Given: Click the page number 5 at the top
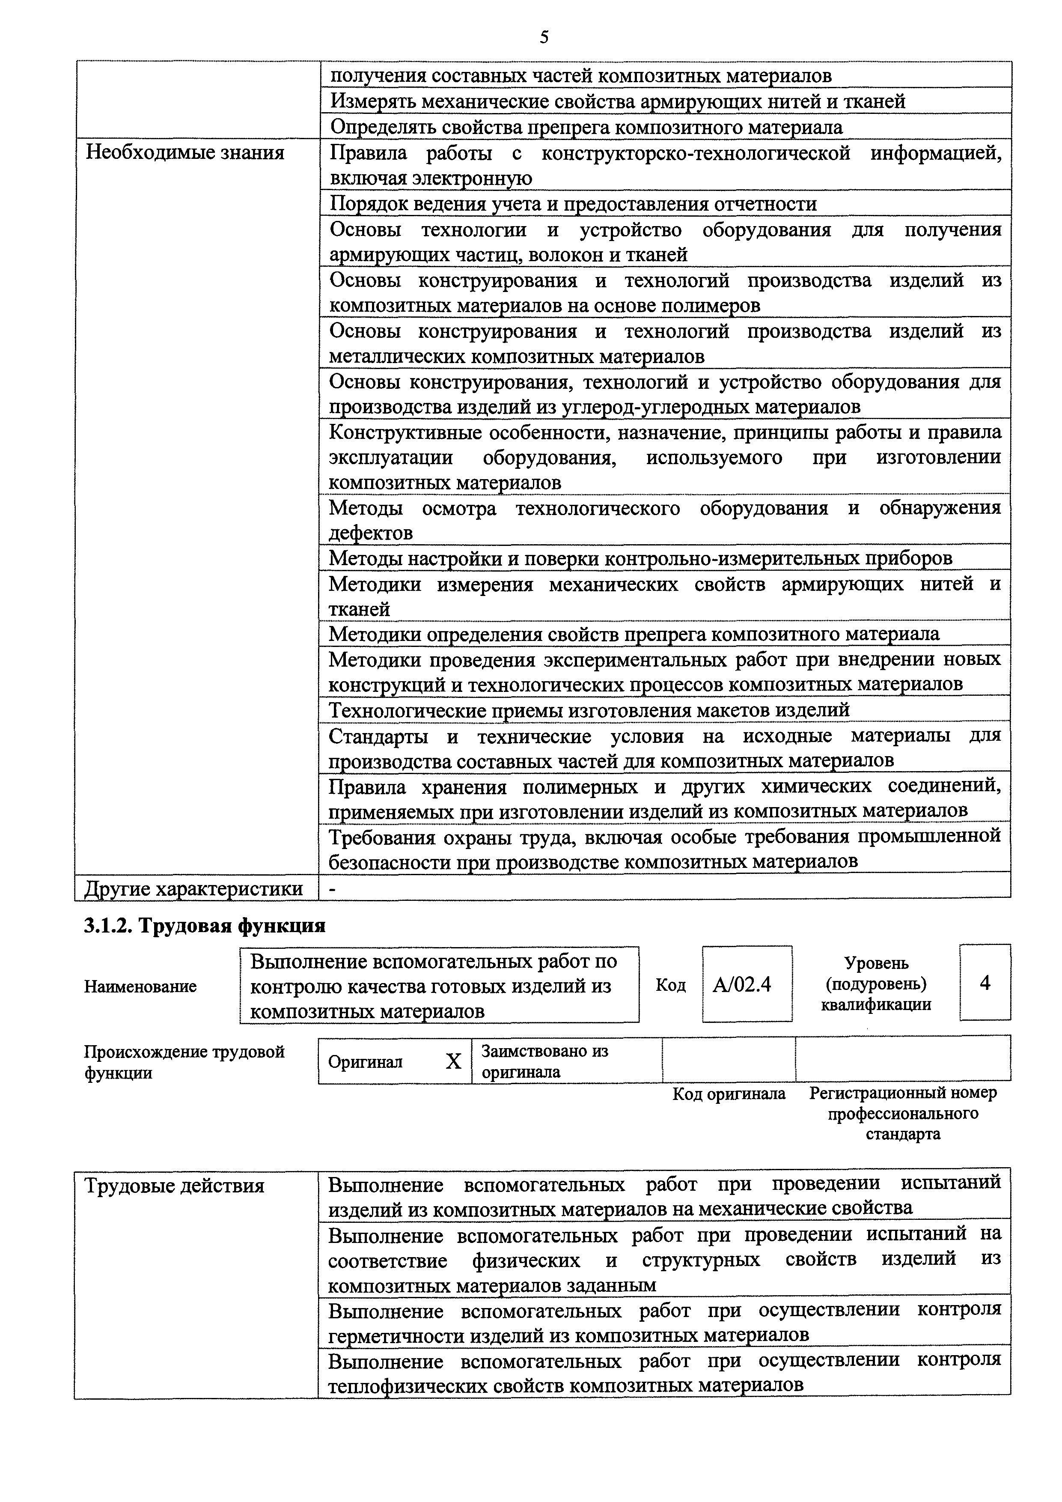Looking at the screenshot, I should pyautogui.click(x=544, y=38).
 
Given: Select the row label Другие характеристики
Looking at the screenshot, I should pyautogui.click(x=193, y=889).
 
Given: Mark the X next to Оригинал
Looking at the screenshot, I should pyautogui.click(x=453, y=1061).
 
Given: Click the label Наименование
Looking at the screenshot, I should pyautogui.click(x=140, y=986).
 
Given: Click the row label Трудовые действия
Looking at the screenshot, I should pyautogui.click(x=175, y=1186).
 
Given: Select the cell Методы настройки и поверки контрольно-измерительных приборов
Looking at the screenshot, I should pyautogui.click(x=640, y=558).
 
